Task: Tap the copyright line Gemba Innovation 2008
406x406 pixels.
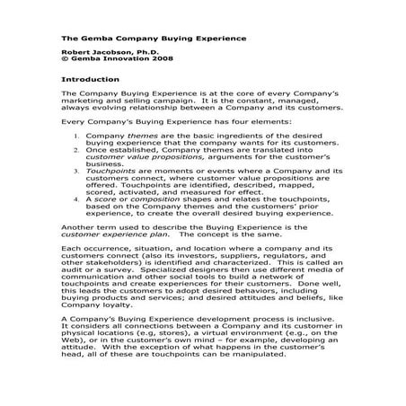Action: point(110,62)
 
